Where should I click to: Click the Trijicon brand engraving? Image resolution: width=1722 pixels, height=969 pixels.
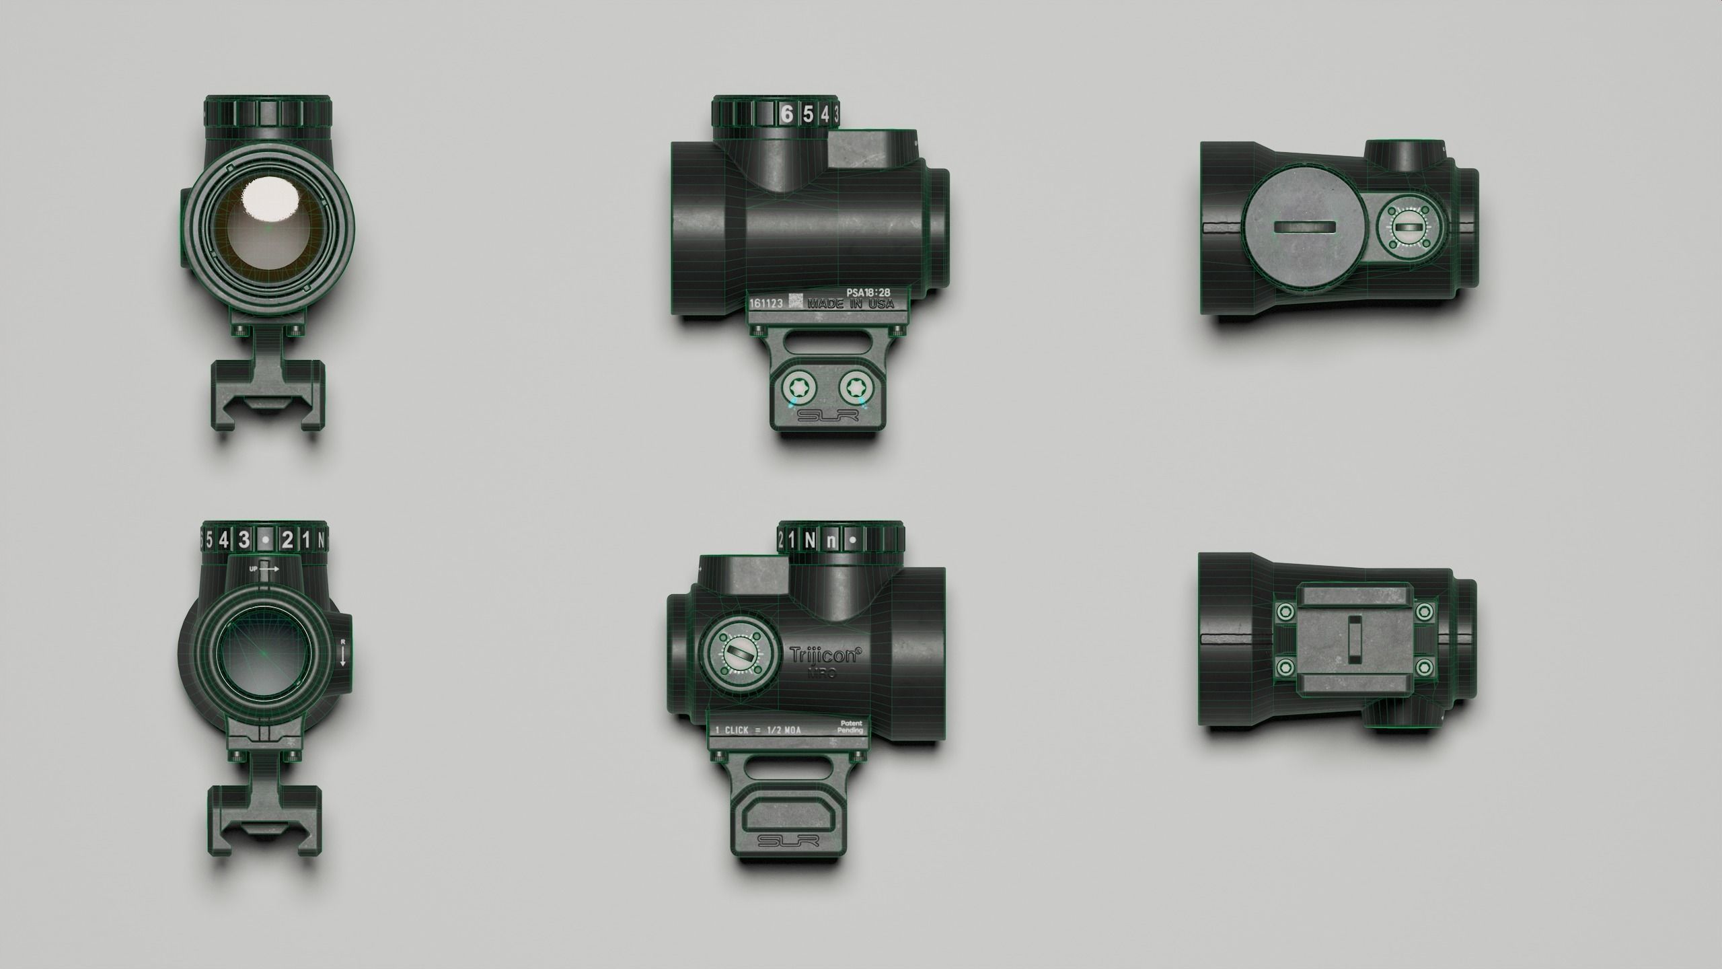tap(825, 655)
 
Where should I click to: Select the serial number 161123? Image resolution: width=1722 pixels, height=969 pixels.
tap(766, 303)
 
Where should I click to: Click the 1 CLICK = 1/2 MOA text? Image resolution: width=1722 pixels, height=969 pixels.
tap(758, 730)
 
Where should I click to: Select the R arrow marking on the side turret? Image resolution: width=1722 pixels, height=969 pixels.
tap(342, 651)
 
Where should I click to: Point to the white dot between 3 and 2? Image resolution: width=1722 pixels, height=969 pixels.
tap(267, 540)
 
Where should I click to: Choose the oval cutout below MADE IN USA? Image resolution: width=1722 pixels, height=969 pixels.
tap(828, 339)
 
